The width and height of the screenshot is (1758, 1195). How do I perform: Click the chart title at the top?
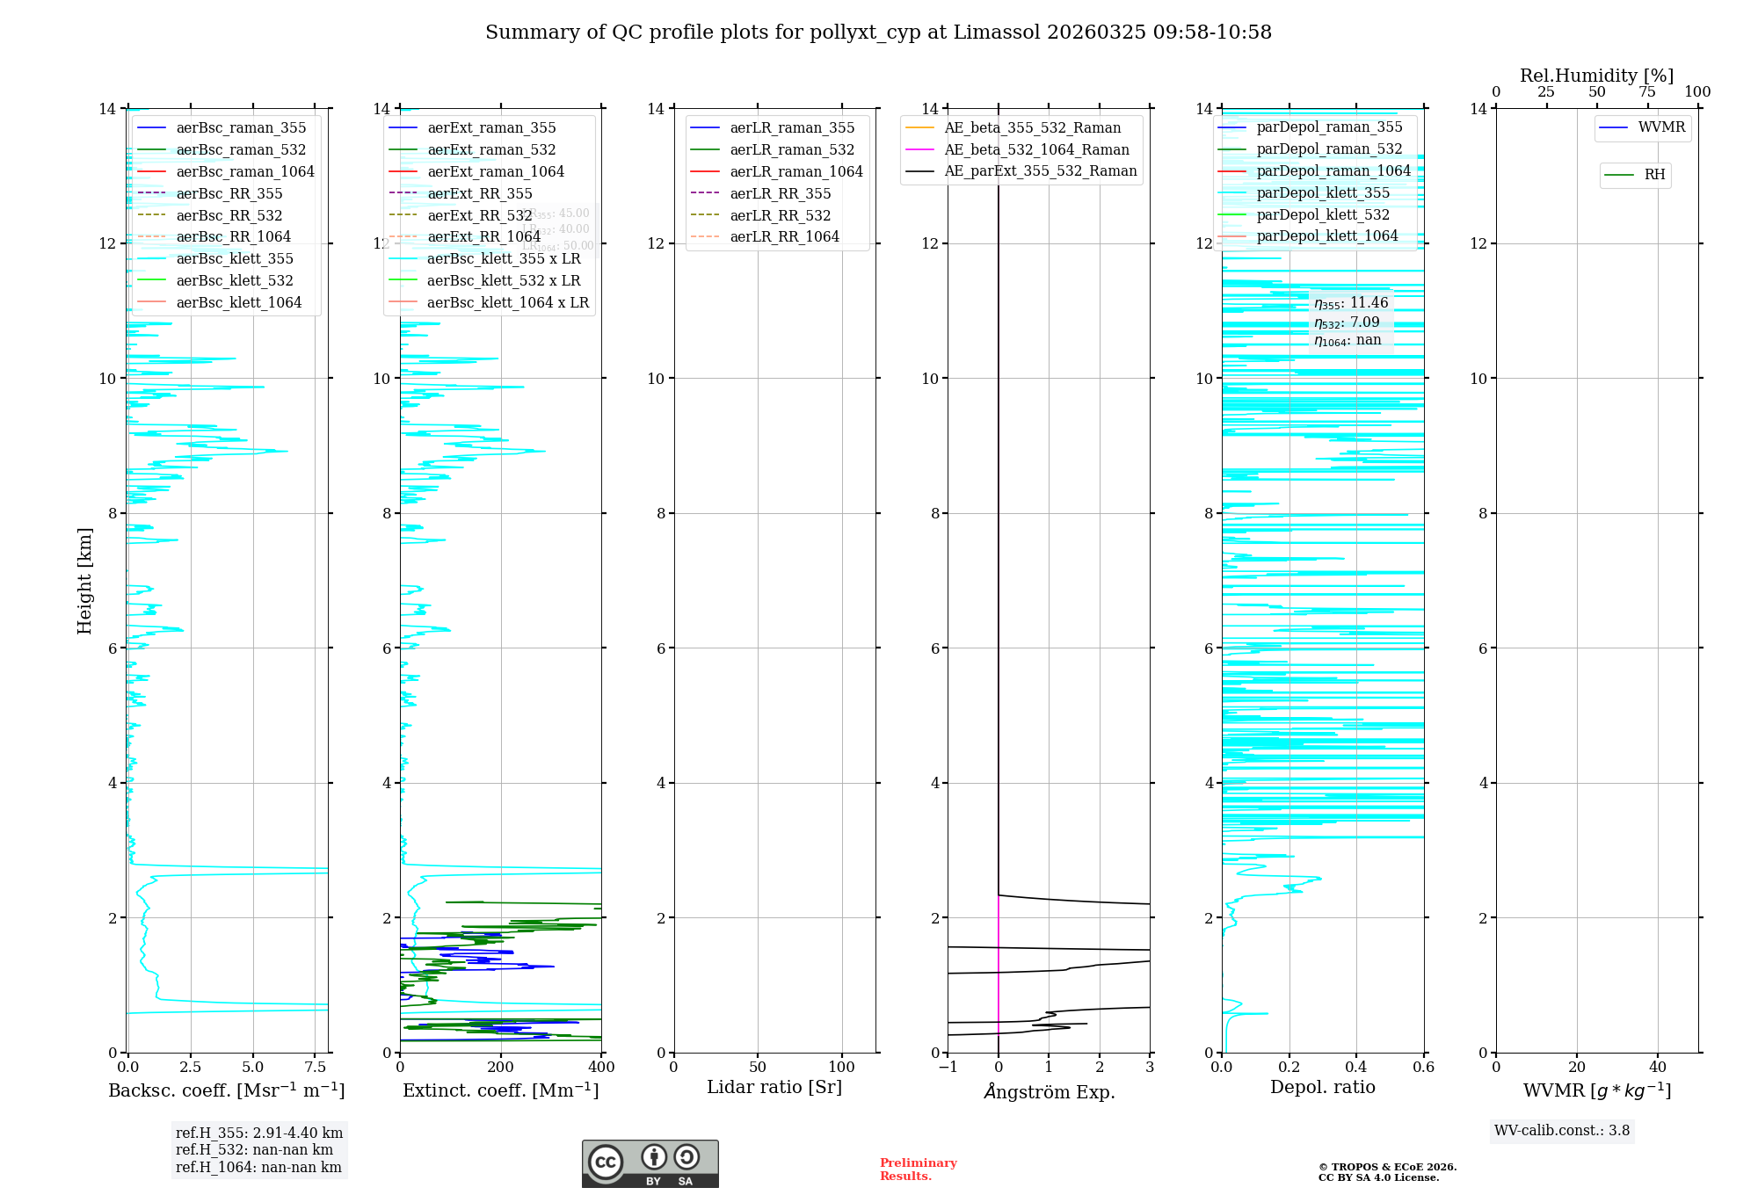click(x=878, y=33)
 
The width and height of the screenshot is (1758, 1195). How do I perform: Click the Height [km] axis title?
click(x=84, y=581)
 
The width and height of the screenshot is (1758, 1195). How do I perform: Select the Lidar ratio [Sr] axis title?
click(x=774, y=1088)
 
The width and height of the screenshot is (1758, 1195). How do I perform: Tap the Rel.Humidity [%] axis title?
click(x=1596, y=76)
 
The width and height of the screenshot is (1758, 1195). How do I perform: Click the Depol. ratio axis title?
click(x=1322, y=1088)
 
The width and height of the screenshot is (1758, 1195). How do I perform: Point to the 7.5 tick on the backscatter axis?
click(x=316, y=1068)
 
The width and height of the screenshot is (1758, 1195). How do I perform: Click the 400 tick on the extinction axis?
click(x=601, y=1068)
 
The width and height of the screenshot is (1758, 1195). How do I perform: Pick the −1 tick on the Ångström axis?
click(x=948, y=1068)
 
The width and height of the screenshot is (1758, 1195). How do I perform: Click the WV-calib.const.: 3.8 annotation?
click(x=1561, y=1131)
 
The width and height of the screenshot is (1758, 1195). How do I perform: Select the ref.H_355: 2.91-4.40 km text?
click(x=258, y=1133)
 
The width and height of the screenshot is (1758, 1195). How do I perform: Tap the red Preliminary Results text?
click(x=918, y=1170)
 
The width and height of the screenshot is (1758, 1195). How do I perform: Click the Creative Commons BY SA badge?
click(x=650, y=1164)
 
